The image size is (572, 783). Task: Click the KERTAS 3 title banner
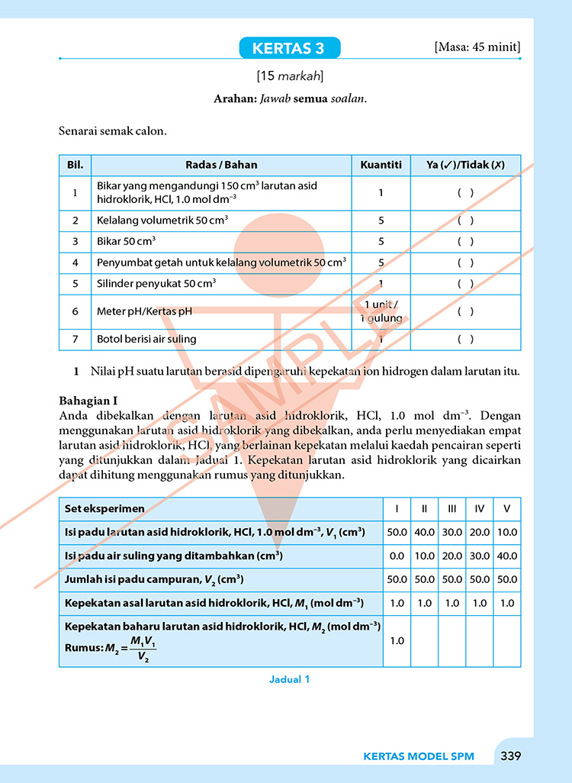[x=290, y=49]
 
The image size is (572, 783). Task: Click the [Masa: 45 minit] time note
[x=477, y=47]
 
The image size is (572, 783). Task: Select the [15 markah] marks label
[x=290, y=76]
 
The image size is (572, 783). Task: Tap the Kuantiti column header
[x=381, y=165]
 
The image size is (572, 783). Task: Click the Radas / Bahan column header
[x=221, y=165]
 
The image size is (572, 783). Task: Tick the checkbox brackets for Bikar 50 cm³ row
[x=465, y=241]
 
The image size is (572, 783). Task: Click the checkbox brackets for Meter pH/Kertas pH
[x=465, y=311]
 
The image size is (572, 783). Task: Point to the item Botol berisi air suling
[x=146, y=340]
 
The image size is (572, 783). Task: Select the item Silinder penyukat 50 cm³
[x=156, y=283]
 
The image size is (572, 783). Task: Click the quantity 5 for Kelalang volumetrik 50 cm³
[x=381, y=221]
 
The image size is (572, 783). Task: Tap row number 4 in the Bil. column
[x=76, y=263]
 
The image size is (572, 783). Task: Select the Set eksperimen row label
[x=104, y=509]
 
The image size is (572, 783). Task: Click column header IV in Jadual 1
[x=479, y=509]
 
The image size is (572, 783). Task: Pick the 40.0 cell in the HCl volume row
[x=424, y=533]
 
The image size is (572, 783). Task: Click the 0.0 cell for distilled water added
[x=397, y=556]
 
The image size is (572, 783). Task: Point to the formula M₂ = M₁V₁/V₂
[x=126, y=648]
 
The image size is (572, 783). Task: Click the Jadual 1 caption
[x=290, y=679]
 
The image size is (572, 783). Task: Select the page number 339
[x=510, y=756]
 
